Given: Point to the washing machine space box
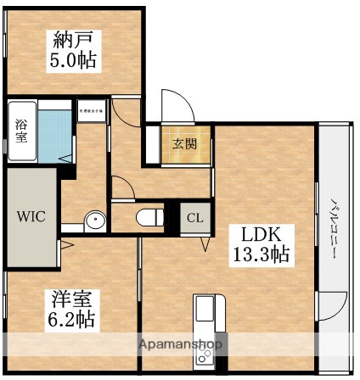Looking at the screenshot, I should click(x=92, y=110).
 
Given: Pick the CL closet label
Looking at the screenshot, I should click(x=195, y=217).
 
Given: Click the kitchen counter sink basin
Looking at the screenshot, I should click(x=206, y=316).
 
